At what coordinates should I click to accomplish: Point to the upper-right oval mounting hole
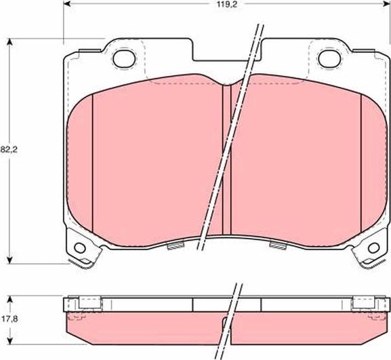pyautogui.click(x=329, y=59)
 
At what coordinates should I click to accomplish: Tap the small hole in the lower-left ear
pyautogui.click(x=81, y=247)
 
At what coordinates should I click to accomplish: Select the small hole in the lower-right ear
pyautogui.click(x=372, y=247)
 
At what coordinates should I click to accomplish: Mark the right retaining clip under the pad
pyautogui.click(x=277, y=245)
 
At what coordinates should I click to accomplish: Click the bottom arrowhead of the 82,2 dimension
pyautogui.click(x=10, y=260)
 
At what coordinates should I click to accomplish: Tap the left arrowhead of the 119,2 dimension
pyautogui.click(x=66, y=5)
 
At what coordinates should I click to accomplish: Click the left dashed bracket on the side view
pyautogui.click(x=80, y=304)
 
